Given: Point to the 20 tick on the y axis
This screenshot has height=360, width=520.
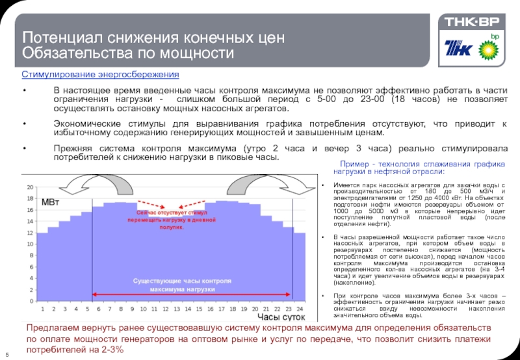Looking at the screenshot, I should (30, 187).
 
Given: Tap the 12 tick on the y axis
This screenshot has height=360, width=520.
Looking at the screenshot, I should (30, 233).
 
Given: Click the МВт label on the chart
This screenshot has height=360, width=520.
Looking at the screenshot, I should (50, 203).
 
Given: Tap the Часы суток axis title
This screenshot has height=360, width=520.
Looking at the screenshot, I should (281, 317).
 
